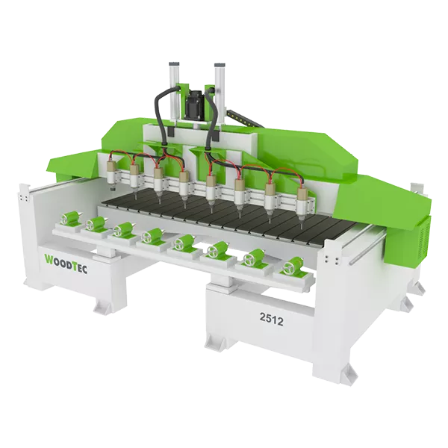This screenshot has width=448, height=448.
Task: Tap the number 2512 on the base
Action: [x=272, y=320]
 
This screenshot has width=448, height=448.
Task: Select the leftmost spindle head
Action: [x=112, y=172]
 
